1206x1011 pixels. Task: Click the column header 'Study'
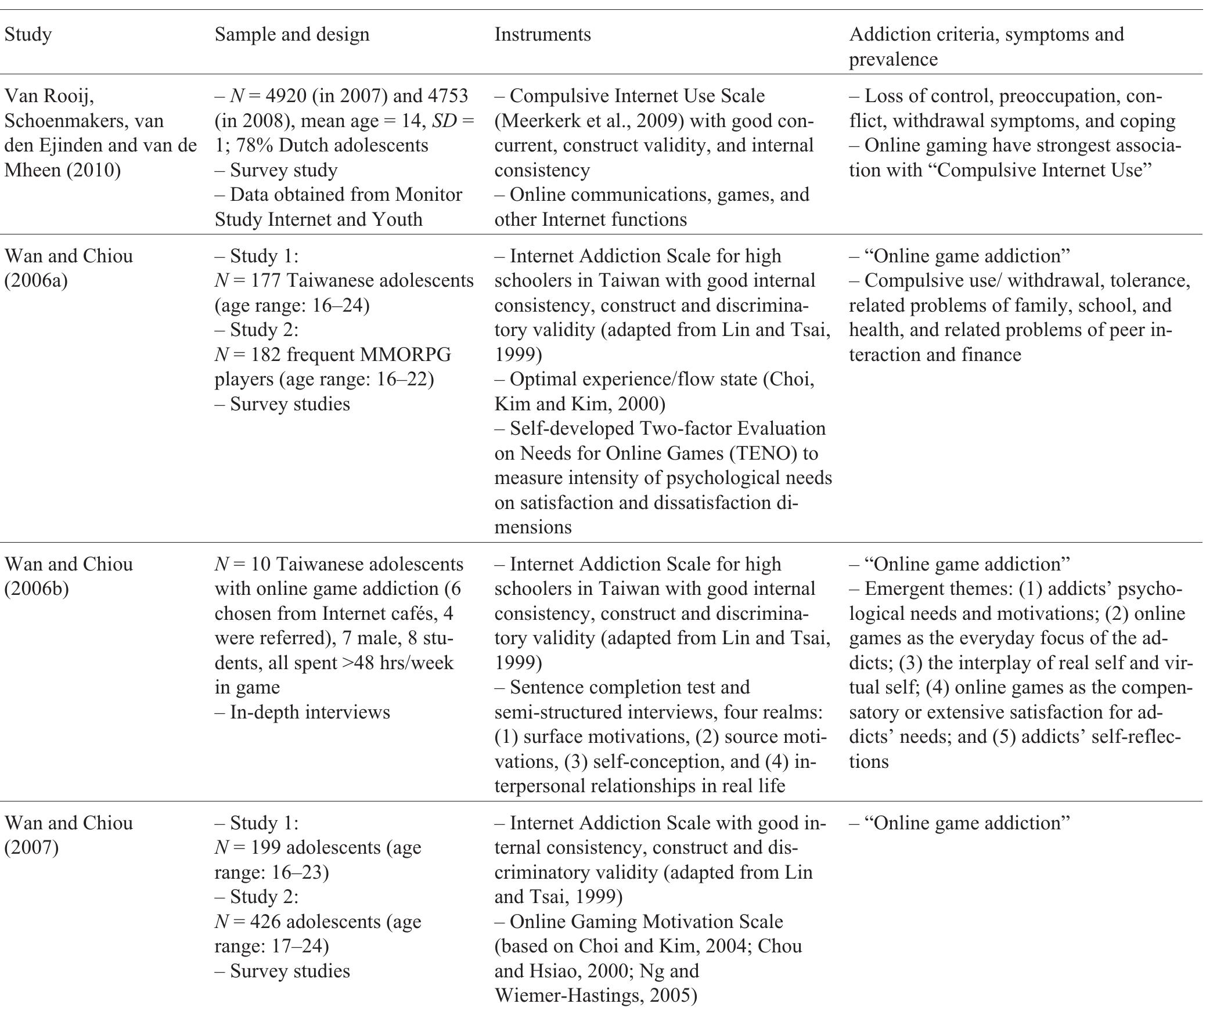click(28, 35)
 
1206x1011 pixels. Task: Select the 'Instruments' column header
click(542, 35)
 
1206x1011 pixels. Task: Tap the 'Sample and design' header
click(292, 35)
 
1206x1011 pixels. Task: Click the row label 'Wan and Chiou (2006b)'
click(69, 576)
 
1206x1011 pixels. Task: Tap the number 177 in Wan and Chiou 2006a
click(264, 281)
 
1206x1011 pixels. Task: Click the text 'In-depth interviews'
click(310, 712)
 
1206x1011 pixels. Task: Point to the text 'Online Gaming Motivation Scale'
click(646, 922)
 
